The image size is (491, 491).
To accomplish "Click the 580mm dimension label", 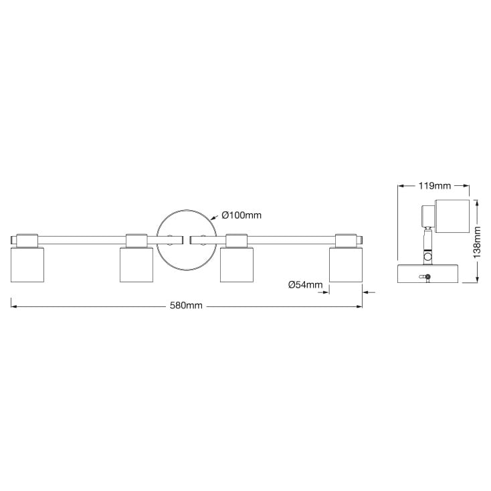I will [x=187, y=306].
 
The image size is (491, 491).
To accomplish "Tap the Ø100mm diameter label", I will [x=241, y=215].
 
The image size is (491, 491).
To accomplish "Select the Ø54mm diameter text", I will [x=305, y=284].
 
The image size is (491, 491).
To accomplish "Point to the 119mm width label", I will [x=435, y=185].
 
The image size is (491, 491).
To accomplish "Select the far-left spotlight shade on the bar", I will [x=28, y=264].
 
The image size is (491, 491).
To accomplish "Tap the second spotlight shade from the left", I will [x=136, y=264].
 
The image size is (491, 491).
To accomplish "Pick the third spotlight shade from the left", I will [x=237, y=264].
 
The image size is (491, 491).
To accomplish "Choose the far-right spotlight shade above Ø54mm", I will [x=346, y=264].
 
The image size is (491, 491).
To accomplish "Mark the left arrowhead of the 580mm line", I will [x=14, y=306].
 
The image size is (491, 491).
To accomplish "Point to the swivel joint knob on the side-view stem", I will [x=427, y=256].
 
